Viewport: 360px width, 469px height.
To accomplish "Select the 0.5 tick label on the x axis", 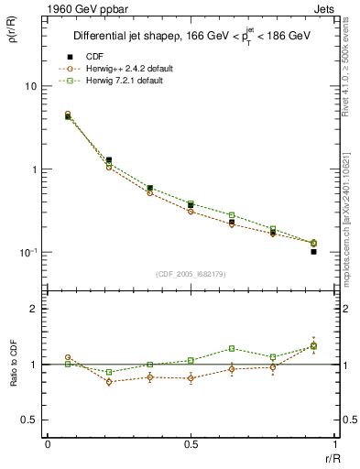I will click(191, 445).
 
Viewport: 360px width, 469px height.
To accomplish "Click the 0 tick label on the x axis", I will click(48, 445).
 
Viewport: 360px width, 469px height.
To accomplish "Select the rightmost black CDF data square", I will click(313, 251).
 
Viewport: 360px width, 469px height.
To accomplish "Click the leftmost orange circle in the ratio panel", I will click(68, 358).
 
